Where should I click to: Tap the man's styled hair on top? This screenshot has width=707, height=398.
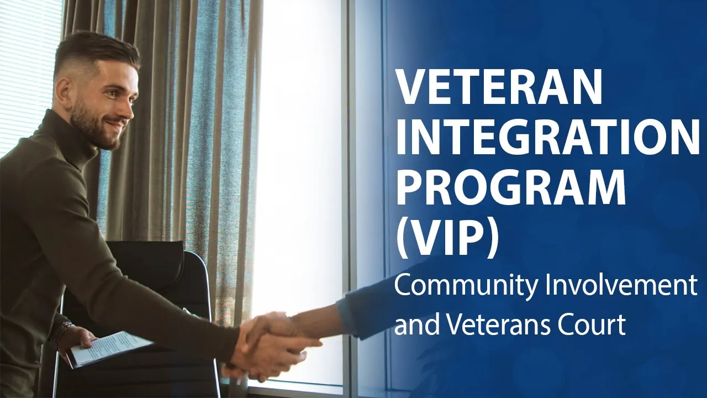tap(94, 47)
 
